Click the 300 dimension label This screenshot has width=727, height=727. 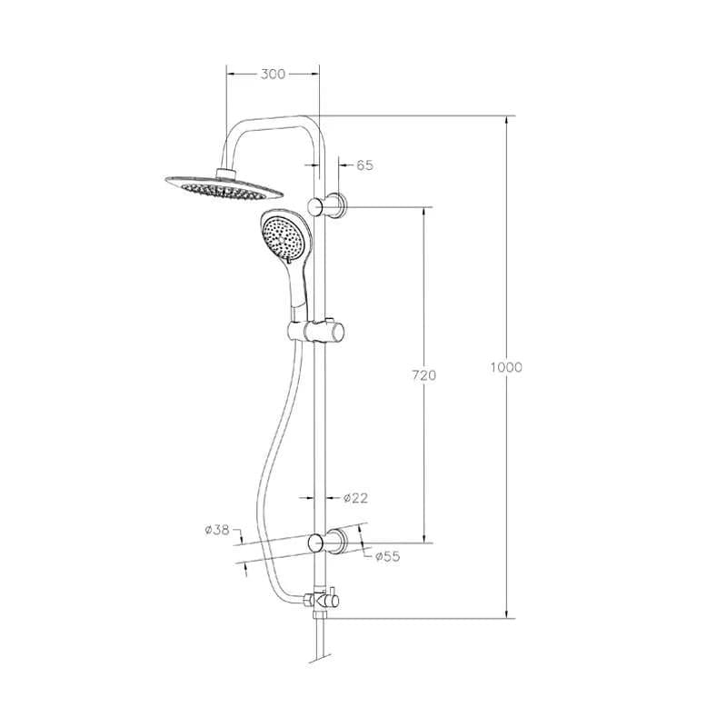273,75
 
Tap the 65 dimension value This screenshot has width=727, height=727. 364,165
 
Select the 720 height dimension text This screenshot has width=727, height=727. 424,374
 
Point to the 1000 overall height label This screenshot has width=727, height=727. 506,367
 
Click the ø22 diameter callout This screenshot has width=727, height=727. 355,497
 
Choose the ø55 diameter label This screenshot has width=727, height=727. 389,556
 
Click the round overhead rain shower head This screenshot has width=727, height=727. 222,185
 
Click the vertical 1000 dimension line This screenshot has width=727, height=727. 506,273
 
